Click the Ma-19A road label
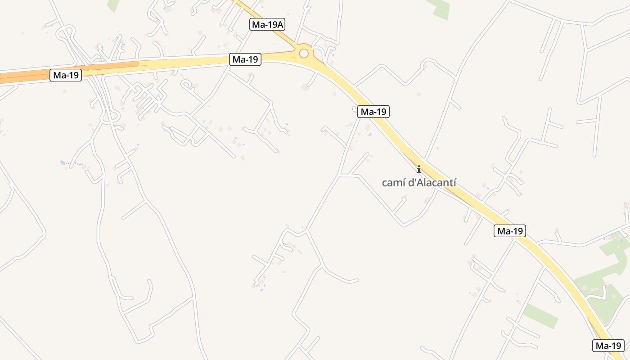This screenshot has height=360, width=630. [267, 25]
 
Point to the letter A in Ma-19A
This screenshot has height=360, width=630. [280, 25]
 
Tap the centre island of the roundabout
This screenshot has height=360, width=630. [304, 54]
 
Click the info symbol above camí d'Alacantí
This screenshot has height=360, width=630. [419, 169]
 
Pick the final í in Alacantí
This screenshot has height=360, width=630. [454, 183]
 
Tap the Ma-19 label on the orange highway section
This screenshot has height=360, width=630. [66, 75]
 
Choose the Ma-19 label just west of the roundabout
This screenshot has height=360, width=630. [245, 59]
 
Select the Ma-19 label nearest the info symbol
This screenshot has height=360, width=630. [373, 112]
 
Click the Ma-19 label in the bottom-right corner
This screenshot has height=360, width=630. [608, 346]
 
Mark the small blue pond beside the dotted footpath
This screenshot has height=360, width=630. [63, 162]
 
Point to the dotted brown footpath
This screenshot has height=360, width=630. [76, 164]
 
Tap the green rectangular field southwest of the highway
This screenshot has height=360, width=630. [540, 316]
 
